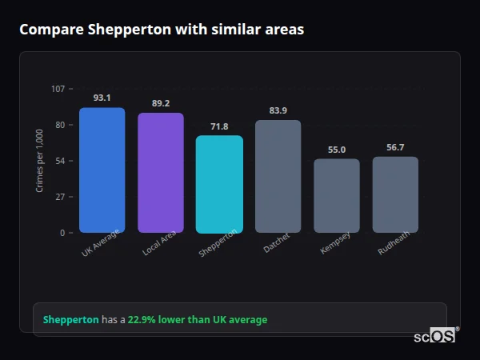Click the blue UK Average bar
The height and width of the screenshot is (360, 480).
tap(102, 170)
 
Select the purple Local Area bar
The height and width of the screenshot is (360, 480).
tap(161, 173)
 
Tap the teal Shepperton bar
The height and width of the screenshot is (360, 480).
tap(219, 184)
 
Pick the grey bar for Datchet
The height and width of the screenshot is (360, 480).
tap(278, 176)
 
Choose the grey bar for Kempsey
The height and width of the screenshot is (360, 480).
tap(337, 196)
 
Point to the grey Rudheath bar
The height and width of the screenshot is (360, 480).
tap(395, 194)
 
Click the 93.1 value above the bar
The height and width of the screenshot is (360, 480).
tap(102, 98)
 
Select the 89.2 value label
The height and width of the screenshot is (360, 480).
tap(161, 103)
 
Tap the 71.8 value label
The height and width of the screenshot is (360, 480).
tap(219, 126)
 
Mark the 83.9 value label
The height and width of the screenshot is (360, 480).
tap(278, 110)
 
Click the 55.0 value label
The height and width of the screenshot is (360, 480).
tap(337, 150)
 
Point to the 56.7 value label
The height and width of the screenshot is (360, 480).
tap(395, 147)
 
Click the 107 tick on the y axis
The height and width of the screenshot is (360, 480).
tap(58, 89)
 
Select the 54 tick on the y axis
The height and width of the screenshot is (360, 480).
tap(60, 161)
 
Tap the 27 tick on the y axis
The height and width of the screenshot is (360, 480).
tap(60, 197)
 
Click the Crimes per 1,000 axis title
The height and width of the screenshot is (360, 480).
tap(40, 161)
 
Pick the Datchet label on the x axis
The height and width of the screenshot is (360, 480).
tap(276, 243)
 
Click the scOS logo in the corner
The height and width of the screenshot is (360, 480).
tap(434, 336)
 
